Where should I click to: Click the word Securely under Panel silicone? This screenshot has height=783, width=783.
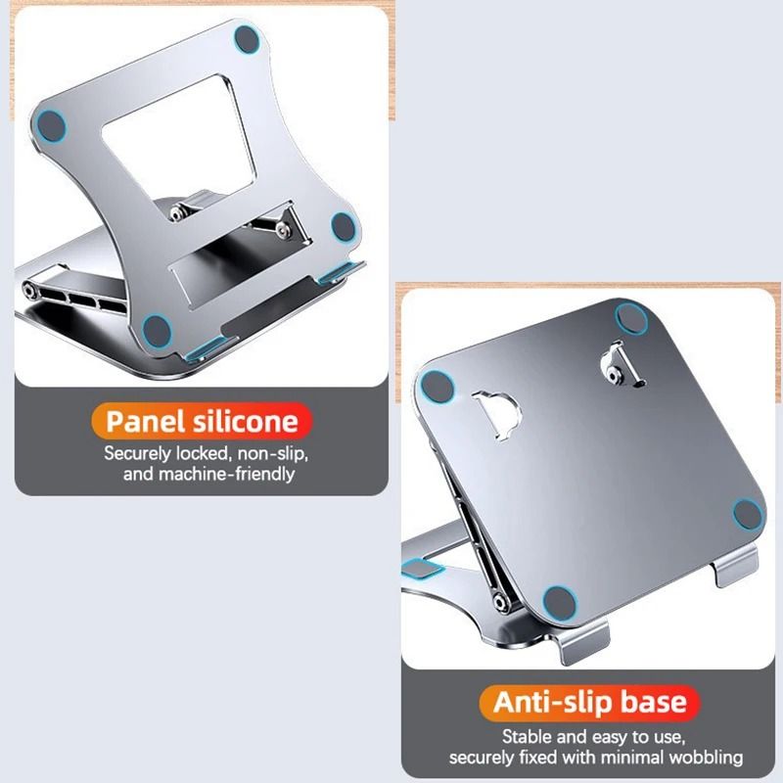click(x=143, y=454)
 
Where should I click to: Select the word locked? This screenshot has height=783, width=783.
click(x=212, y=454)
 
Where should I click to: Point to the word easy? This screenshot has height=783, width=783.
click(x=607, y=737)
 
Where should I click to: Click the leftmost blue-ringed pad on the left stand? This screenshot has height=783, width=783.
click(x=49, y=124)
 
